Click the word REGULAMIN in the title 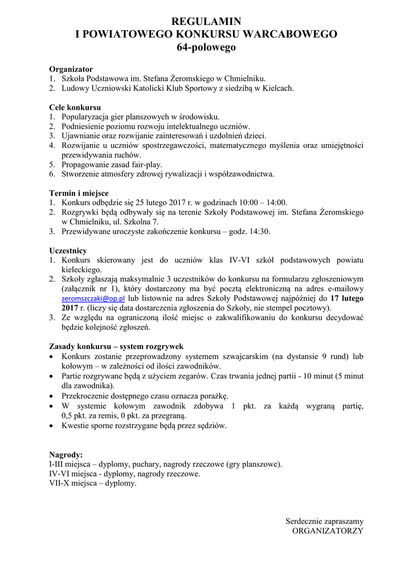[x=206, y=22]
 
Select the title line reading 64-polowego [x=206, y=48]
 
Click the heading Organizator [x=71, y=69]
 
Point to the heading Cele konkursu [x=75, y=107]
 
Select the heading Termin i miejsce [x=79, y=193]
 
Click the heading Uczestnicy [x=68, y=250]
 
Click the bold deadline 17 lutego [x=347, y=298]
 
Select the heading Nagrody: [x=66, y=455]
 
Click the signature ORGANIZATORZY [x=328, y=530]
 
